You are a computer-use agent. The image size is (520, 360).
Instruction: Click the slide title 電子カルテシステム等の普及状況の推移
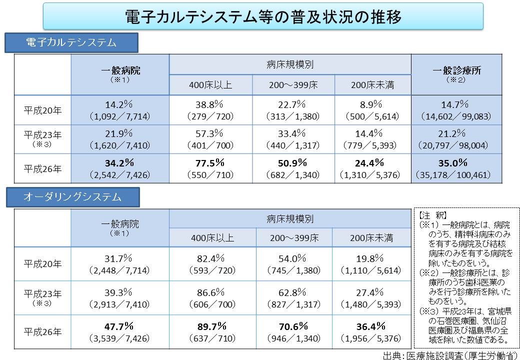(263, 17)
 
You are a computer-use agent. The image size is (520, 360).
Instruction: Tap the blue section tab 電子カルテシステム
(71, 42)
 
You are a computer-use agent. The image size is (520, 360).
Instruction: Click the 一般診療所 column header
(456, 70)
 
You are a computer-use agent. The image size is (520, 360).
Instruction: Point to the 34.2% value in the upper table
(119, 162)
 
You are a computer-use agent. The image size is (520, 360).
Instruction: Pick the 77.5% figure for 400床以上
(210, 162)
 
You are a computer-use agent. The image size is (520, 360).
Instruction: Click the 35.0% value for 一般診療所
(452, 162)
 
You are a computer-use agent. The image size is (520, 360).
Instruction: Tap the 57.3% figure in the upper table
(210, 133)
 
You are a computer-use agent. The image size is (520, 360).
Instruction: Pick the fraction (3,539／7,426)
(119, 338)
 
